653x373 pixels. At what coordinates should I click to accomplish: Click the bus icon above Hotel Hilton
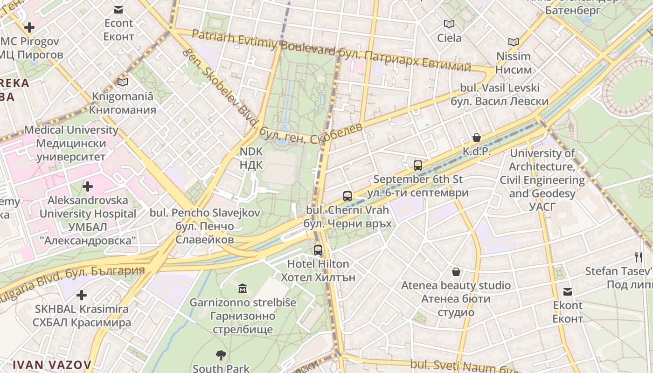[x=318, y=250]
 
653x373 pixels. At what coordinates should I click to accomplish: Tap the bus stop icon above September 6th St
[x=418, y=166]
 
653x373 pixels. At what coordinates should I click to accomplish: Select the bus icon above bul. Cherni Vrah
[x=347, y=196]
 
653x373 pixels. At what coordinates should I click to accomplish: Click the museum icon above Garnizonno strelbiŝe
[x=243, y=289]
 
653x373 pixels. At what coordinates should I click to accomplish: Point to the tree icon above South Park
[x=221, y=356]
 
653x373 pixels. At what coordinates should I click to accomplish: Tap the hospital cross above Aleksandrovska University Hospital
[x=87, y=187]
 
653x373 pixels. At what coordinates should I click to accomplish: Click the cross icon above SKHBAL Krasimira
[x=82, y=295]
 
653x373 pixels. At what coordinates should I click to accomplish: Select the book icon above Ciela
[x=449, y=24]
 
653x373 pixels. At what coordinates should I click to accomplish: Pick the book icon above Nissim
[x=514, y=42]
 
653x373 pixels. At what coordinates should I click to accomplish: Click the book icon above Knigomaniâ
[x=123, y=83]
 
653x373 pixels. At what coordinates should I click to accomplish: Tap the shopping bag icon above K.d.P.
[x=477, y=138]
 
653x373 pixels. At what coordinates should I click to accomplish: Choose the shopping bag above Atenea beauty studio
[x=456, y=271]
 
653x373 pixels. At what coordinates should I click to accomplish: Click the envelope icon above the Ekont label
[x=568, y=292]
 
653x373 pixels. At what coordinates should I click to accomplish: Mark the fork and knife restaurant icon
[x=638, y=257]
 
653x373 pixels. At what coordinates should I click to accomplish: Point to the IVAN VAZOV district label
[x=52, y=365]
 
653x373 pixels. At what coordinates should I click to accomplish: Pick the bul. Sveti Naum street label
[x=459, y=366]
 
